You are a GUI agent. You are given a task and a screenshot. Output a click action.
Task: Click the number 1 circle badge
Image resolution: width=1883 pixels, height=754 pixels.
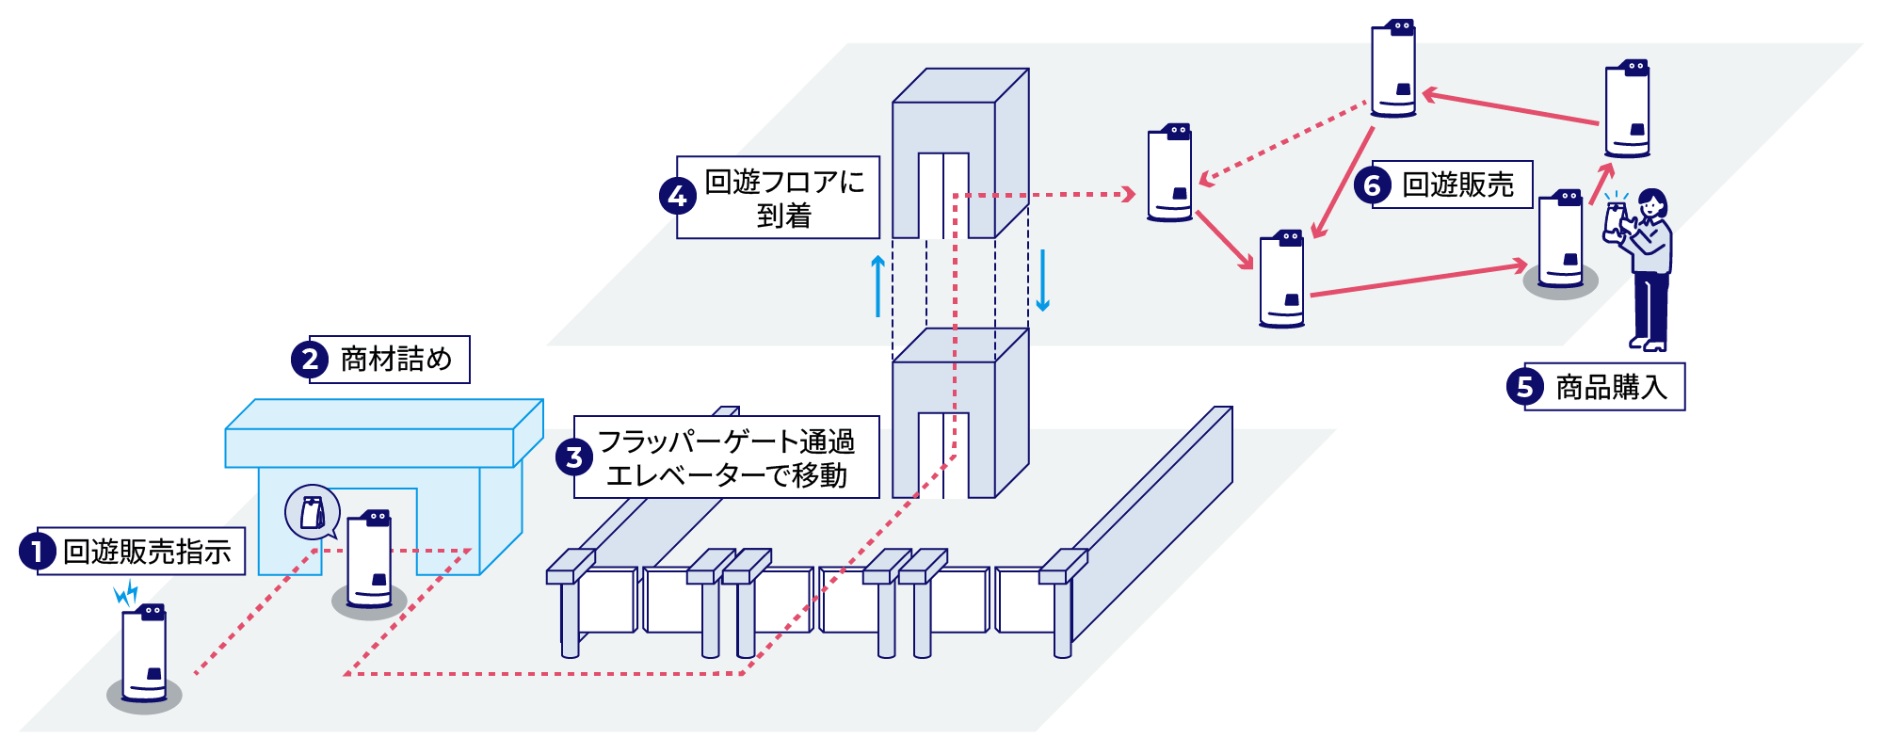coord(37,552)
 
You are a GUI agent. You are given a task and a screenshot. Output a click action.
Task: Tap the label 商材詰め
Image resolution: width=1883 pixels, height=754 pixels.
coord(395,360)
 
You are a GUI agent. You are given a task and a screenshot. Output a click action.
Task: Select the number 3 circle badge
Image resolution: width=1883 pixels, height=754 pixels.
coord(573,457)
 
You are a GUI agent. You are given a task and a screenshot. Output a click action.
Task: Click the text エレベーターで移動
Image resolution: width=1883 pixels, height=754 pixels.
coord(726,475)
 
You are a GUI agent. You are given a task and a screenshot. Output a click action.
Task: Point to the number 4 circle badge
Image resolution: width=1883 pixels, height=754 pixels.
coord(677,197)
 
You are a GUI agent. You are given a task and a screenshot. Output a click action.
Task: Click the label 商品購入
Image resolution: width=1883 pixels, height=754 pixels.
coord(1611,387)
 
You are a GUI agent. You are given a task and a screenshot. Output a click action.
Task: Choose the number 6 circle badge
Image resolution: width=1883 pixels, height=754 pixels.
coord(1372,185)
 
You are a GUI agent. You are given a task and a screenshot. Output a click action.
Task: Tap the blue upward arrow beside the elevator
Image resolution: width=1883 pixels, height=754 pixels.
coord(877,285)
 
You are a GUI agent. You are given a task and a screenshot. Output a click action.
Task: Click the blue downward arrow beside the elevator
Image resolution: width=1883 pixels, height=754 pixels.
coord(1042,281)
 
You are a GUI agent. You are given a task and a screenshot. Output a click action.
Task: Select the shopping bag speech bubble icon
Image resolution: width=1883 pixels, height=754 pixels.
coord(313,513)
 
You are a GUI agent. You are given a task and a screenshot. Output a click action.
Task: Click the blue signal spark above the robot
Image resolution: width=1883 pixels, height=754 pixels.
coord(126,593)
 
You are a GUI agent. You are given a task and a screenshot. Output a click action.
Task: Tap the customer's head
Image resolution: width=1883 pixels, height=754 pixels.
coord(1651,203)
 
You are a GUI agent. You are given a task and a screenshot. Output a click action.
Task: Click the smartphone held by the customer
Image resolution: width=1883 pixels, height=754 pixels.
coord(1616,218)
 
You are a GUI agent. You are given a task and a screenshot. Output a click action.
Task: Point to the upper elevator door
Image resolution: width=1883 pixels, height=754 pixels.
coord(943,195)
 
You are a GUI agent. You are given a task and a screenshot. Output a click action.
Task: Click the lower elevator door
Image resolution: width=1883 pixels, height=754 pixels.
coord(943,455)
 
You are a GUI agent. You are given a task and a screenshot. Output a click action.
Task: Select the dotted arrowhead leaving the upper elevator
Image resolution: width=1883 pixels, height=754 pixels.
coord(1127,195)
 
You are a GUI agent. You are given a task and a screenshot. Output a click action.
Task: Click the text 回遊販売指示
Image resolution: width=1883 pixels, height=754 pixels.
coord(147,552)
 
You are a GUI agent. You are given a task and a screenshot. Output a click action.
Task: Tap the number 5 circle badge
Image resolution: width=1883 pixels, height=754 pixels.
coord(1524,387)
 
